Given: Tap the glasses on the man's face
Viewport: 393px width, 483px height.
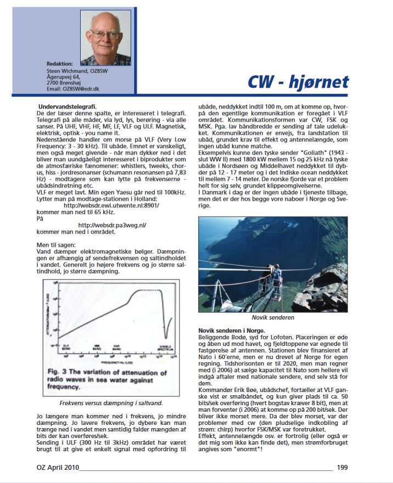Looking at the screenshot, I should [x=105, y=34].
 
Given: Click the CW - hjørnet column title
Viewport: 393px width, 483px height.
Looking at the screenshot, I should [x=297, y=82].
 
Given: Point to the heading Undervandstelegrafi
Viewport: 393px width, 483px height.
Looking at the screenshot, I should [x=68, y=106].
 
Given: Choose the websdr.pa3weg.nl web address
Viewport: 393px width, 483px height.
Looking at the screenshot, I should [x=113, y=225].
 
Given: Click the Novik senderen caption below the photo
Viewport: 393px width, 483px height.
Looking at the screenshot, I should [x=274, y=318].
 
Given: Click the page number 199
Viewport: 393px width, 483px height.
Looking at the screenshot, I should [x=343, y=468].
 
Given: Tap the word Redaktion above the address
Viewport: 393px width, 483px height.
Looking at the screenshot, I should [x=60, y=64].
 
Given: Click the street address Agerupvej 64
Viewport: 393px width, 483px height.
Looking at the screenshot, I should [x=66, y=77].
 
